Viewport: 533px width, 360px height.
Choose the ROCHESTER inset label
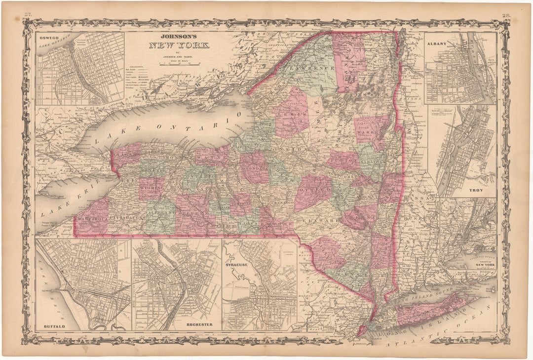[x=199, y=324]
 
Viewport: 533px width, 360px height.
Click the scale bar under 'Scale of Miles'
[x=179, y=64]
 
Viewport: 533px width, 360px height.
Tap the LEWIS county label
[x=290, y=115]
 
